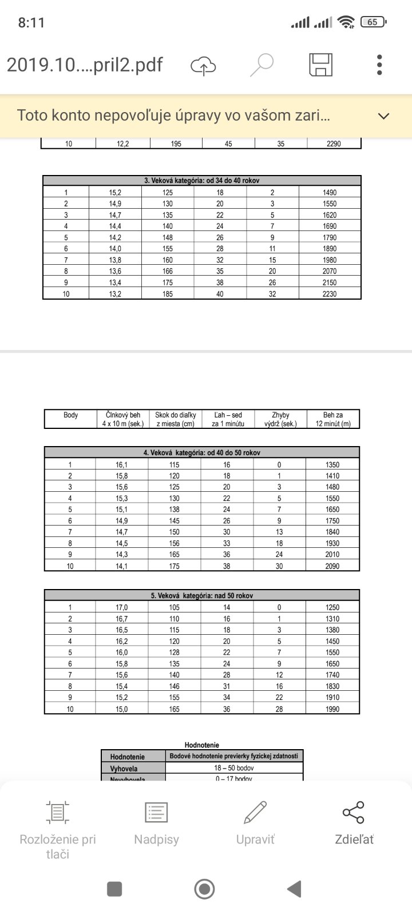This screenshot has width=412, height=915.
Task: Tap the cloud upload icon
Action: [x=203, y=65]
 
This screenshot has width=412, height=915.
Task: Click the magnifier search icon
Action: [x=262, y=65]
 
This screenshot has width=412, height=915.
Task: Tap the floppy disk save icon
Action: [x=320, y=65]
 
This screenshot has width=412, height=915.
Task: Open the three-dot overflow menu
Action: [x=379, y=65]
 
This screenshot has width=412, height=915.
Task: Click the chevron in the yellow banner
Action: [x=384, y=116]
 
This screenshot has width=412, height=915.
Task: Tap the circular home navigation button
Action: [x=205, y=889]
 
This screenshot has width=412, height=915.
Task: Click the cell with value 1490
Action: [x=330, y=193]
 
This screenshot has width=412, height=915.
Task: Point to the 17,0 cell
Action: [x=122, y=607]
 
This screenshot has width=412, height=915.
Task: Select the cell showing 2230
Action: [x=330, y=294]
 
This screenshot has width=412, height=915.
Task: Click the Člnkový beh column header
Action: [x=123, y=419]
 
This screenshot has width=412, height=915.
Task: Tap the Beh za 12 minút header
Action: [x=333, y=419]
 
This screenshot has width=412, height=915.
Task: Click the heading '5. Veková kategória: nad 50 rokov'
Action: [x=202, y=595]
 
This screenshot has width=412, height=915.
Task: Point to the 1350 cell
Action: [x=332, y=465]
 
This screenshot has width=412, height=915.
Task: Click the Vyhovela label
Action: [x=124, y=769]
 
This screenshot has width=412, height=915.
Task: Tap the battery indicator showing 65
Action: [x=374, y=22]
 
